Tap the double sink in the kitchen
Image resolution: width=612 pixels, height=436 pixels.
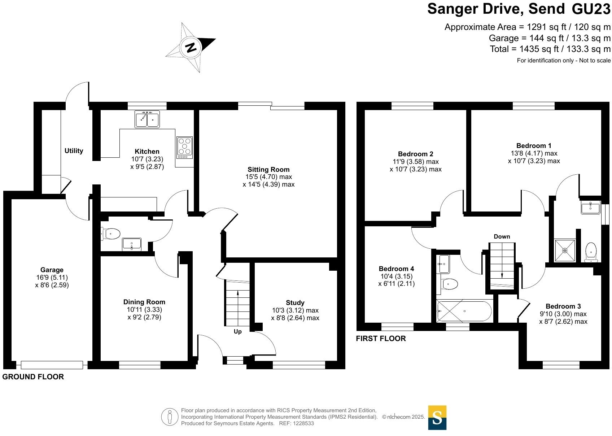click(147, 119)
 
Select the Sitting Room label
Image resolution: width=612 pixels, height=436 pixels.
click(268, 169)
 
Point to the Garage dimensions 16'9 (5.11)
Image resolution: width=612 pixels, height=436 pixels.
click(52, 277)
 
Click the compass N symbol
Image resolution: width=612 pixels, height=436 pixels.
click(191, 47)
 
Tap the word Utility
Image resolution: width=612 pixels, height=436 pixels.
click(74, 151)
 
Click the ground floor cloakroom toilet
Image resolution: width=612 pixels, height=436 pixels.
click(112, 234)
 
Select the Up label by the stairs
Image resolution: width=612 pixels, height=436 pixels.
click(237, 331)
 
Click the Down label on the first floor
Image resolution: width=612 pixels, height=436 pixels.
click(502, 236)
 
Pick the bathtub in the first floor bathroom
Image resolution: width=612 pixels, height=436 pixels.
click(464, 311)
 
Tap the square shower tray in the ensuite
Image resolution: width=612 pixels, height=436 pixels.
click(564, 250)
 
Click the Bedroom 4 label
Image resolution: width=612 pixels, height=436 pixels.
click(396, 269)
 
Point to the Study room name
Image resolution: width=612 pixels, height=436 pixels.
click(295, 302)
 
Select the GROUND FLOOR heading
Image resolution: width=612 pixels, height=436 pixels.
click(33, 377)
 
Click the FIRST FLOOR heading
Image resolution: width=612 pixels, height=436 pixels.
click(381, 339)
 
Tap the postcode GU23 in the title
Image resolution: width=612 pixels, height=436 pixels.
click(591, 9)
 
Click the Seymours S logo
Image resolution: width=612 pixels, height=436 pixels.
click(437, 418)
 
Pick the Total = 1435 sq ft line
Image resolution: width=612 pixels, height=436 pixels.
click(550, 49)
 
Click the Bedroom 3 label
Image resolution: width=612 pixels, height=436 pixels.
click(563, 306)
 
